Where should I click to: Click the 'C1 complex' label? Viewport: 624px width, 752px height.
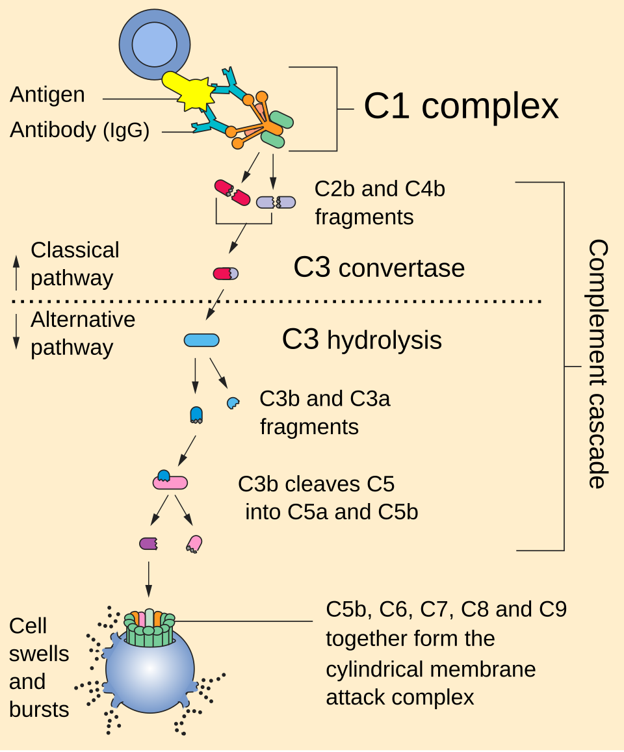461,106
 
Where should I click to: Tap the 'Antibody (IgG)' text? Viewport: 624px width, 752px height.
80,131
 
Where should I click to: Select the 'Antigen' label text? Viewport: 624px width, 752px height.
47,95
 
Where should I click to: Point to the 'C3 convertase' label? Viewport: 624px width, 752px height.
379,268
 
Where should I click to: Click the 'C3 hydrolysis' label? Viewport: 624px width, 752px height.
361,340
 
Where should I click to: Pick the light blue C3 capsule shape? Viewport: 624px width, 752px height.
201,340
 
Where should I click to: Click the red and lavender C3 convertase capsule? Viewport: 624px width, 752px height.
226,274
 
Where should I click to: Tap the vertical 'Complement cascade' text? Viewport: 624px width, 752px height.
597,363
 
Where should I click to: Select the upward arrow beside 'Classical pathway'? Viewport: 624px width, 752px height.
17,272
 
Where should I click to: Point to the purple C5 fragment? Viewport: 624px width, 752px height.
149,543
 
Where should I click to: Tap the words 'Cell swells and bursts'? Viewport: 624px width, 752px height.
39,668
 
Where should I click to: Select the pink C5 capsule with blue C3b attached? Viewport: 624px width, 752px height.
170,481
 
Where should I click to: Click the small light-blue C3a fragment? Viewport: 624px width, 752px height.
232,403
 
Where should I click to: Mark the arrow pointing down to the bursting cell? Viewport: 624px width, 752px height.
149,578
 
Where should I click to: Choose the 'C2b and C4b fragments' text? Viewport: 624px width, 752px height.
380,203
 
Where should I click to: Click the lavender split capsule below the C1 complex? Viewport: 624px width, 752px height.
276,202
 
